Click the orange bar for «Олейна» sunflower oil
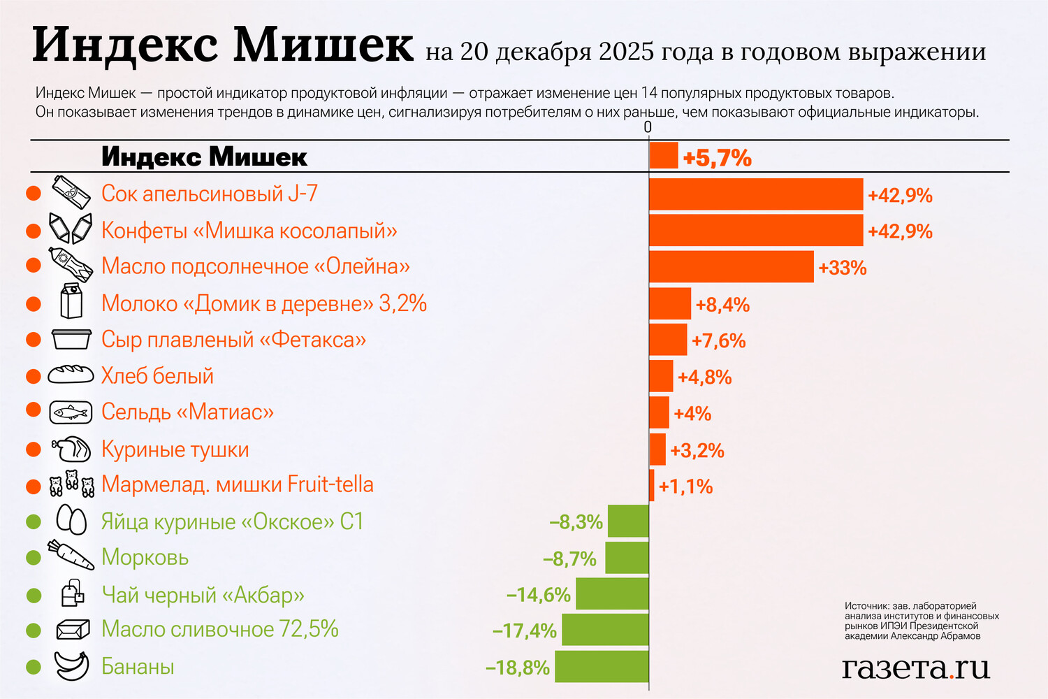tap(732, 266)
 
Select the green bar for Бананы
tap(602, 666)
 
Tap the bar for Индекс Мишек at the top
tap(664, 155)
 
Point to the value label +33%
tap(843, 268)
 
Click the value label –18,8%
tap(518, 668)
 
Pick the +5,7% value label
tap(718, 158)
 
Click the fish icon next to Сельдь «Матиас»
tap(71, 412)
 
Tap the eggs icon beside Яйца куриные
tap(71, 521)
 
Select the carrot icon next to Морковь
tap(71, 556)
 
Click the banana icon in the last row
tap(71, 665)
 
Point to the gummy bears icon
tap(71, 484)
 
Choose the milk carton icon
tap(71, 301)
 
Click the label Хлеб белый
tap(157, 376)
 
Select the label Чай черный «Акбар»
tap(203, 595)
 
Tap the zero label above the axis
tap(648, 127)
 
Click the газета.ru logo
tap(916, 668)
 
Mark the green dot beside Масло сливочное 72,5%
tap(34, 630)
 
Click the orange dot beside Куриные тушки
tap(34, 449)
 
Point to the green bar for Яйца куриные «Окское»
tap(628, 521)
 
